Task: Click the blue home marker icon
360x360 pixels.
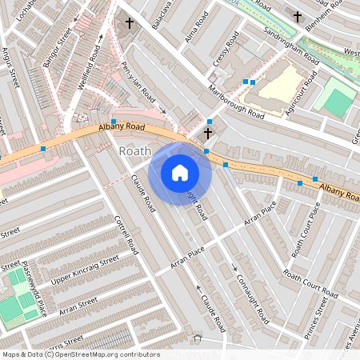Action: [180, 173]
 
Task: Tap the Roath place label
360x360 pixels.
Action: [134, 151]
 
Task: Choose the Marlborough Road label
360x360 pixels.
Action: [236, 102]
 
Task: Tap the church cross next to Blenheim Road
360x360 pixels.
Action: [297, 16]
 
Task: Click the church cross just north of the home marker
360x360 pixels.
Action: [208, 134]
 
